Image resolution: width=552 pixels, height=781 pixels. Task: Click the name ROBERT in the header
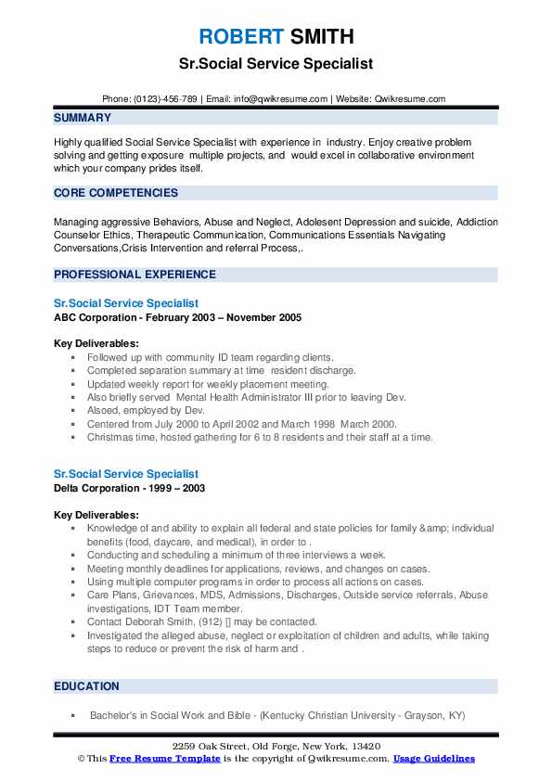(238, 37)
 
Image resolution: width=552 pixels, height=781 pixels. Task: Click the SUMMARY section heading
(83, 118)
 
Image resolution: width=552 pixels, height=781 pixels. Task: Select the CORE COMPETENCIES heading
(116, 193)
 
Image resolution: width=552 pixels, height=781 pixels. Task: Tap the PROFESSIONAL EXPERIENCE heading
(135, 275)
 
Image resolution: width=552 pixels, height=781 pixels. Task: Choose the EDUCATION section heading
(86, 686)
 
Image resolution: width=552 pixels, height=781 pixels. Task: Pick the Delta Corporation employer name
(100, 488)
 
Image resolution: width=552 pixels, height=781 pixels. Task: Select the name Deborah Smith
(158, 621)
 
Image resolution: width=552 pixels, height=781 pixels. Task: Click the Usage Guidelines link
(433, 759)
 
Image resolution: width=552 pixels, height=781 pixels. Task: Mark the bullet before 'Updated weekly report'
(73, 384)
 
